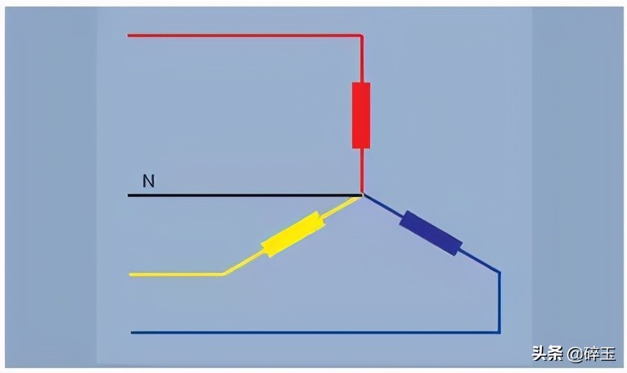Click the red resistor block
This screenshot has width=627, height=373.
361,115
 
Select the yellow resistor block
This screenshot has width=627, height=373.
293,234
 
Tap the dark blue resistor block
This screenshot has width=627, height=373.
431,233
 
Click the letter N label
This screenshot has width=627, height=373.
149,182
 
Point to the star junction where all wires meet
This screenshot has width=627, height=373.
362,195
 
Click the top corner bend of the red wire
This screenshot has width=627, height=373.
361,36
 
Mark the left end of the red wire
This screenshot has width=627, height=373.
128,36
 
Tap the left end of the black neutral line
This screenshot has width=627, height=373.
128,195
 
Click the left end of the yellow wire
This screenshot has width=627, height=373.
130,275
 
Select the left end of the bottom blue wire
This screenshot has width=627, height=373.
132,333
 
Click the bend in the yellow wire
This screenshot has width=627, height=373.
223,274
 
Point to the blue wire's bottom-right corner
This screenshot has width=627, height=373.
499,332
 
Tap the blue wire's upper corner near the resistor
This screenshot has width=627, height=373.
499,273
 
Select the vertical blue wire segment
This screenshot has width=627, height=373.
499,302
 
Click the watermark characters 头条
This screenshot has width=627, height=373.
547,354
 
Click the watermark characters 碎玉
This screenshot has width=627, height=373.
599,354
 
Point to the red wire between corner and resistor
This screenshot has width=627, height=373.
362,60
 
